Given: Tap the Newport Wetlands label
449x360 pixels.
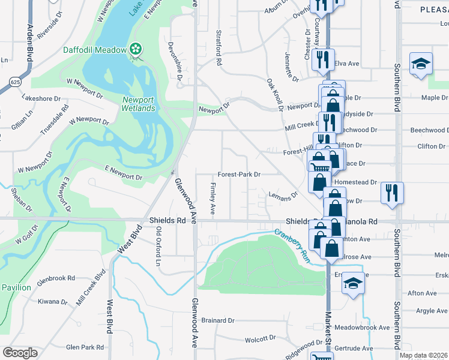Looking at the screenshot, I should [x=139, y=104].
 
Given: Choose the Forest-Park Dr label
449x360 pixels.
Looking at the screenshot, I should [x=238, y=175].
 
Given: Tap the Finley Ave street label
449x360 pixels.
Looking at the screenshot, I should [x=212, y=199].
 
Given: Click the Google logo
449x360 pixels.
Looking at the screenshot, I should [x=20, y=353].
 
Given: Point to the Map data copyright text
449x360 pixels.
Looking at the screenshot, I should [x=423, y=355].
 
